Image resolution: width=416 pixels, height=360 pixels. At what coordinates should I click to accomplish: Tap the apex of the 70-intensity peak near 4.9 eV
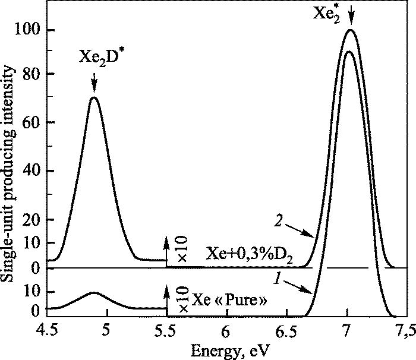(x=93, y=97)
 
